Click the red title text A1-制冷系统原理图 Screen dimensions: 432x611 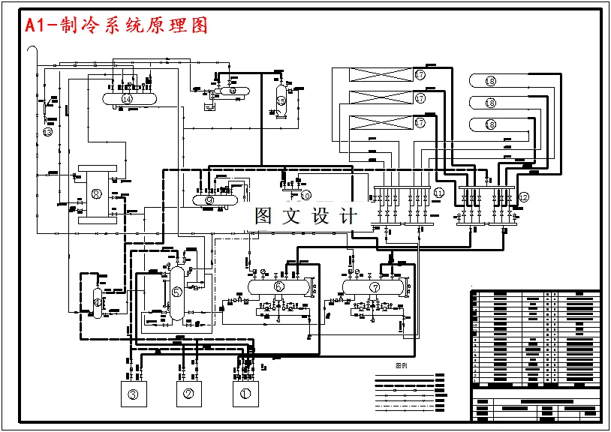coord(116,26)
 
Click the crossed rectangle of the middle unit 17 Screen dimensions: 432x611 coord(382,98)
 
